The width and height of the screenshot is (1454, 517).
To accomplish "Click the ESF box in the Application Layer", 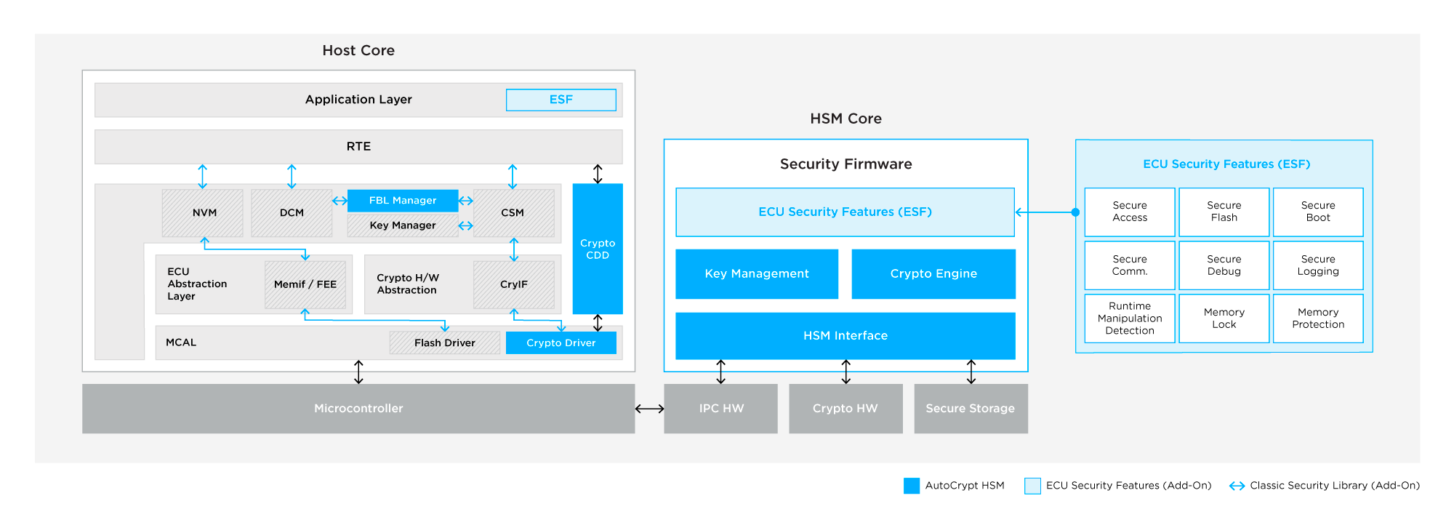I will pos(561,100).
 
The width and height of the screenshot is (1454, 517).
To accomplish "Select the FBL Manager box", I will pos(403,201).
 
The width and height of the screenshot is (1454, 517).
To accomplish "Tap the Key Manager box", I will pos(403,225).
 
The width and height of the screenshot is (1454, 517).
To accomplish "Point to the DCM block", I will pos(292,213).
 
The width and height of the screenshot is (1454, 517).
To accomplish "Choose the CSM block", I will pos(513,213).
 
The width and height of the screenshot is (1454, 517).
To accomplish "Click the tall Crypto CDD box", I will pos(598,249).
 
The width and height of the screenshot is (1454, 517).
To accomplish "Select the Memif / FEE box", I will pos(305,284).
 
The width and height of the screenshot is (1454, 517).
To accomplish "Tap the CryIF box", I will pos(513,284).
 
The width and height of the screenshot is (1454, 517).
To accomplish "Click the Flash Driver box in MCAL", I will pos(444,342).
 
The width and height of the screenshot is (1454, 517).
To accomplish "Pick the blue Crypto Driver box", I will pos(561,342).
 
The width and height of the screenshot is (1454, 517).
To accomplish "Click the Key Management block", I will pos(757,274).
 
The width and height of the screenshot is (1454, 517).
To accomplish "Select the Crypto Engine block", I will pos(933,274).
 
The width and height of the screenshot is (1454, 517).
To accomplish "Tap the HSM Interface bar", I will pos(846,336).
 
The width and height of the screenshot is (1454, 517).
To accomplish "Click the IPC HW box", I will pos(720,409).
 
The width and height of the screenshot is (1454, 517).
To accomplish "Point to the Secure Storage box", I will pos(971,409).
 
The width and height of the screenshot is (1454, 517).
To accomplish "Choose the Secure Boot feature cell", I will pos(1318,212).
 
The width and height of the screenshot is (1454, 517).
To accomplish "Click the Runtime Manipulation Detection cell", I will pos(1130,318).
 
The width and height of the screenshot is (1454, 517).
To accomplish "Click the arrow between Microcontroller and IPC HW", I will pos(649,409).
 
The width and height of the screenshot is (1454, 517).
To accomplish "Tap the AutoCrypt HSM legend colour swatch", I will pos(911,486).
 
